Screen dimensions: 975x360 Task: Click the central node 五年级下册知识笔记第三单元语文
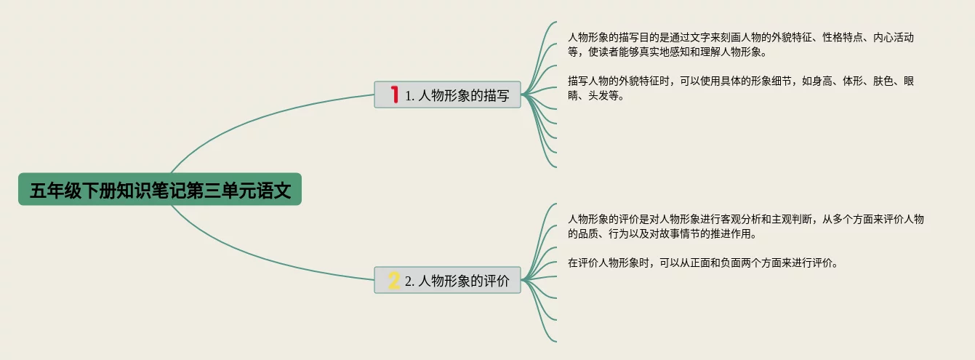[160, 190]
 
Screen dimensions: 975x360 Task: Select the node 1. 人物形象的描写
[447, 95]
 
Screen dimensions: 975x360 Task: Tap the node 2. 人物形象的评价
[447, 280]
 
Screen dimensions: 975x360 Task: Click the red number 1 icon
[395, 95]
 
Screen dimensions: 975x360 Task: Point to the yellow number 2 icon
[394, 280]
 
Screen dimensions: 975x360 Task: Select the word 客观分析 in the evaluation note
[735, 219]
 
